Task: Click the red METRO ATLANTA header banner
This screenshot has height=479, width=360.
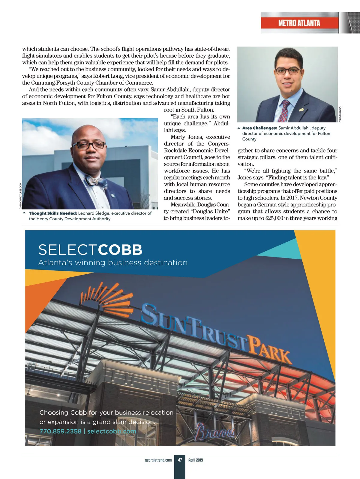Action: (299, 23)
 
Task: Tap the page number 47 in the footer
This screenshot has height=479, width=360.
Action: (180, 460)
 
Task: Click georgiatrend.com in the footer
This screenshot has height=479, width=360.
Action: (158, 460)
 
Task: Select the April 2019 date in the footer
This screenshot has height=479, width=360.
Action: (196, 460)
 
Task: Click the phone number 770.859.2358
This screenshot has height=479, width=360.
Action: (61, 431)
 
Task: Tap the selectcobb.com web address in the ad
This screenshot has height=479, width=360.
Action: (112, 431)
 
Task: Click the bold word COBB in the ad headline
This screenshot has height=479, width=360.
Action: (120, 250)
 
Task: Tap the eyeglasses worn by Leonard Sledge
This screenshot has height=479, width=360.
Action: (89, 145)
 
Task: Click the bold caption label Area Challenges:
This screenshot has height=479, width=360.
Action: (259, 128)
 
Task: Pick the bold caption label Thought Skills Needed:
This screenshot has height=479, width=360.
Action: (53, 213)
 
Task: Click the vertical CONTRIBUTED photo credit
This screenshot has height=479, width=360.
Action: (340, 114)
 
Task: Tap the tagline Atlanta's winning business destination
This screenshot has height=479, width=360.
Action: (113, 263)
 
